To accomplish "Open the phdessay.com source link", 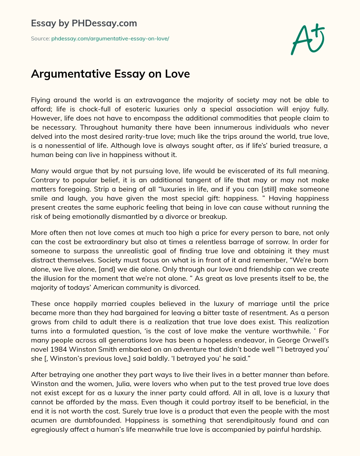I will pos(110,39).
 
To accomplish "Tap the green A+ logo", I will pos(307,39).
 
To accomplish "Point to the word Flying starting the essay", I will pos(41,100).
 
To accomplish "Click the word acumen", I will pos(43,420).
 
